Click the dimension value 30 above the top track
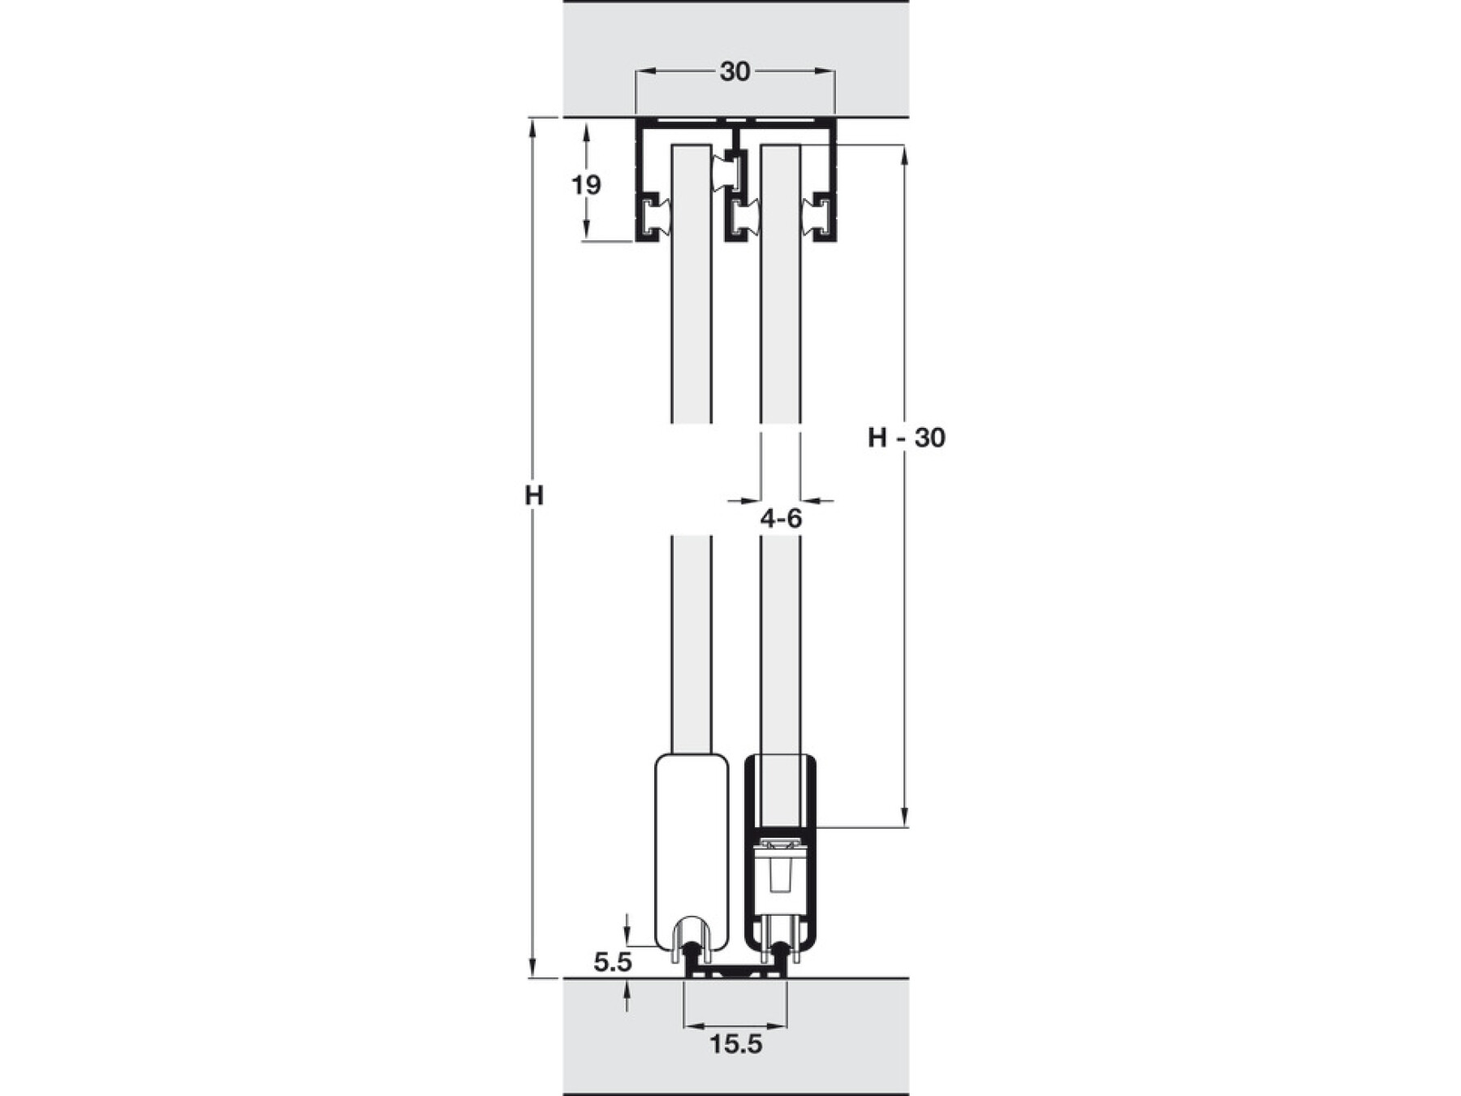[735, 72]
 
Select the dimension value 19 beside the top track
[586, 186]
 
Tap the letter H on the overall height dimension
[533, 495]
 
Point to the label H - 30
[907, 438]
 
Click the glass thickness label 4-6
[781, 519]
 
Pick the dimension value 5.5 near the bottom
[612, 963]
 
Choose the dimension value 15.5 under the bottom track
[736, 1044]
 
